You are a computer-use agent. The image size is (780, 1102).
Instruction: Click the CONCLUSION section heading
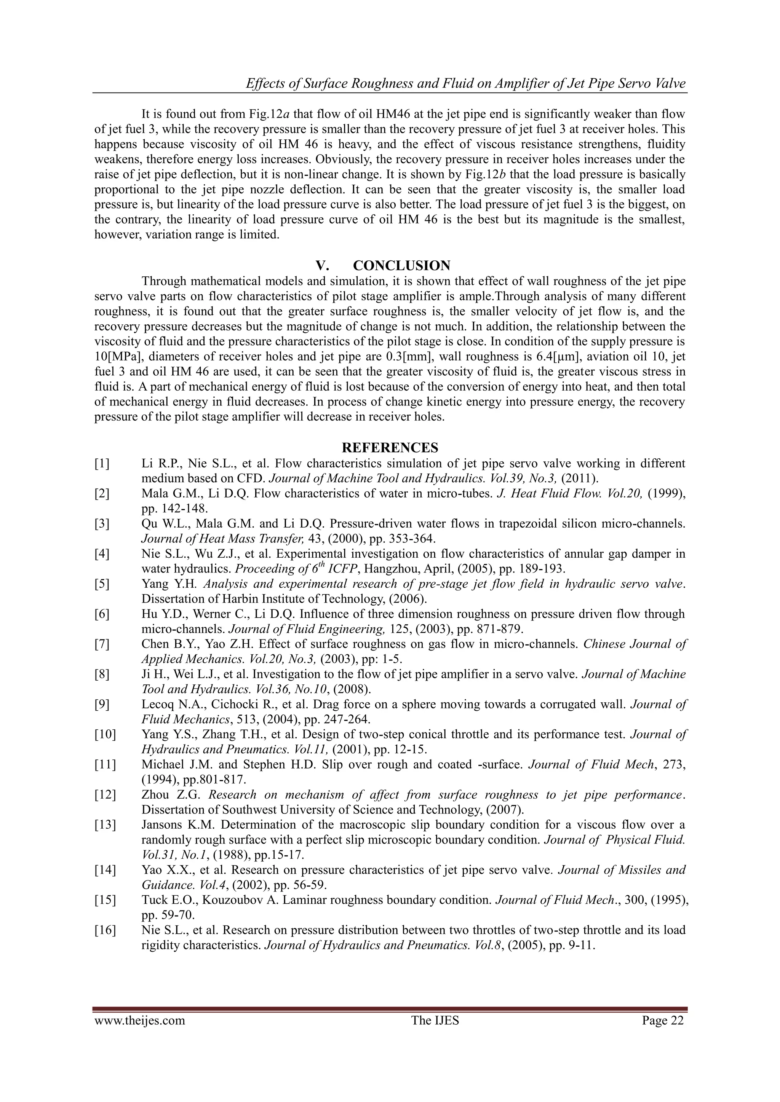pyautogui.click(x=401, y=265)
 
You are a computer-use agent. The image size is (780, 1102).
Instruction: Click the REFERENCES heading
pyautogui.click(x=390, y=448)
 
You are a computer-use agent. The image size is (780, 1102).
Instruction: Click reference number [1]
pyautogui.click(x=102, y=464)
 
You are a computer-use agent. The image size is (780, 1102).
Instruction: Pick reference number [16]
pyautogui.click(x=105, y=930)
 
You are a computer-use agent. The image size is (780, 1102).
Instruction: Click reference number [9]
pyautogui.click(x=102, y=704)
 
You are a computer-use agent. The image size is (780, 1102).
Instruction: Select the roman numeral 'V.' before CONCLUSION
pyautogui.click(x=322, y=265)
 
